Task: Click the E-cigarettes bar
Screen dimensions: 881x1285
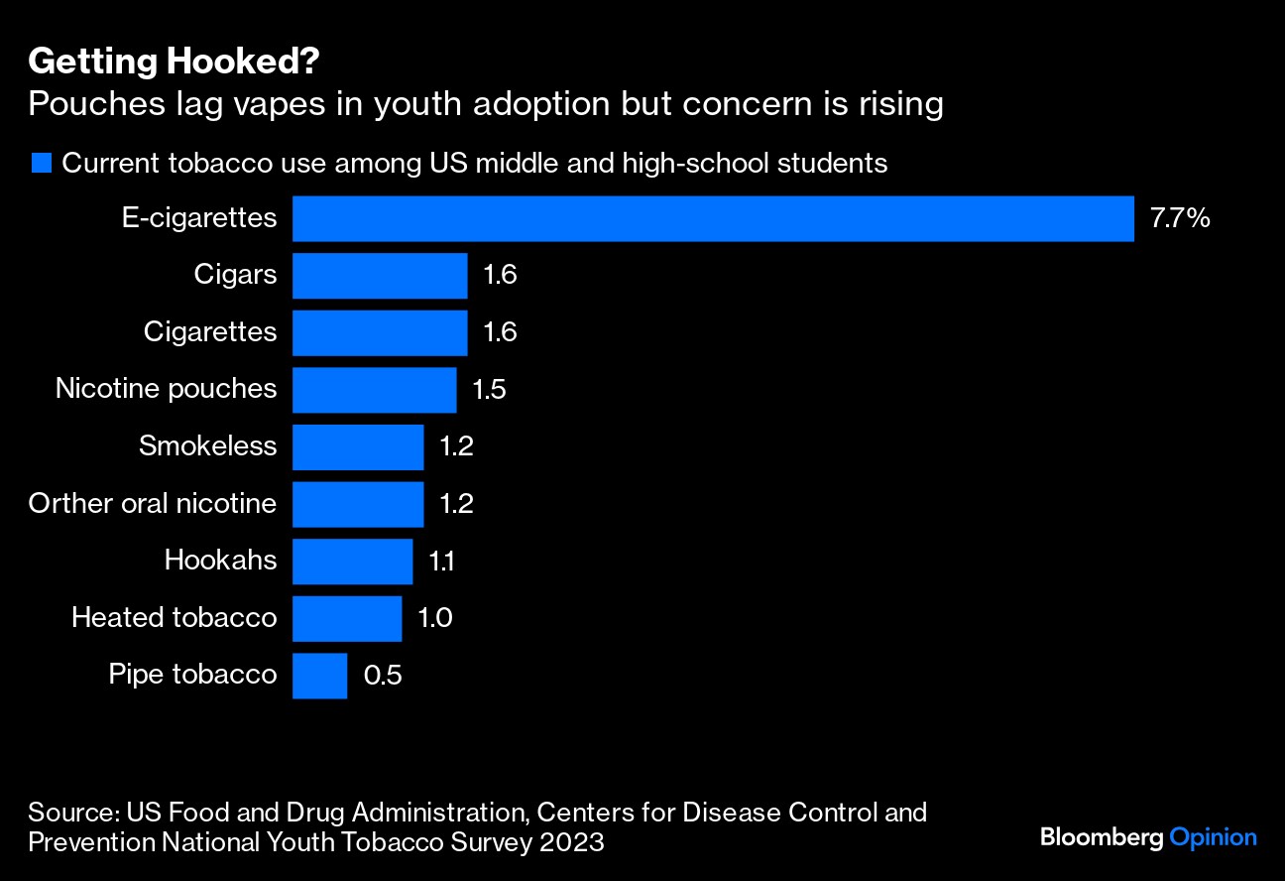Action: (713, 218)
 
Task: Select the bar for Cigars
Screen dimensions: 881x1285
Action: (380, 275)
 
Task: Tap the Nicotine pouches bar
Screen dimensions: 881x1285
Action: (374, 389)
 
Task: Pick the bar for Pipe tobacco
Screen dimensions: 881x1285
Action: (319, 675)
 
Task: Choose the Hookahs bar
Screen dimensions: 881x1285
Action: (352, 561)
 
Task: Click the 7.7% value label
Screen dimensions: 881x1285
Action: (1179, 218)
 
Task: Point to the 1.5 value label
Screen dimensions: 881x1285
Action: (489, 389)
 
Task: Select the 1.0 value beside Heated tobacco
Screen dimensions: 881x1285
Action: (434, 618)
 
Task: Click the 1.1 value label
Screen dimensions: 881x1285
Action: (441, 561)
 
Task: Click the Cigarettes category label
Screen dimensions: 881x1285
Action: (210, 331)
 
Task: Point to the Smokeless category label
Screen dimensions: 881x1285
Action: (207, 445)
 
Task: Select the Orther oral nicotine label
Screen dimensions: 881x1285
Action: (152, 503)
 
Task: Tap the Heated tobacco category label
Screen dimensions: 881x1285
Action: (174, 618)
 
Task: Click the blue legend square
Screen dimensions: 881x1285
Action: (41, 164)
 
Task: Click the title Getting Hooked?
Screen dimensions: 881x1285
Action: (174, 62)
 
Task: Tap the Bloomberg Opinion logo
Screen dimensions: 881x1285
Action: (1148, 837)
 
